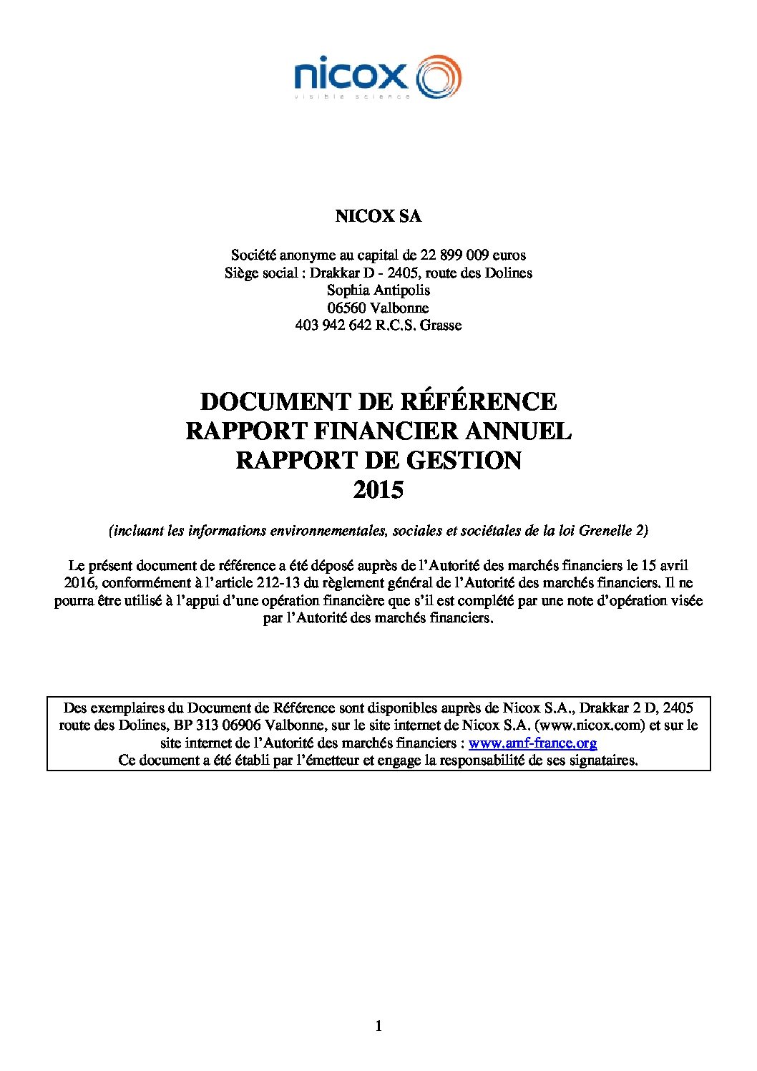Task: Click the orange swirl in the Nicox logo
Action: pos(438,76)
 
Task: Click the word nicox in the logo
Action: pos(350,74)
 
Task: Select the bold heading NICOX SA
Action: pos(378,216)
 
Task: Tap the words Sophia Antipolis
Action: pos(378,290)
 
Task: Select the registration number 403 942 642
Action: pos(333,325)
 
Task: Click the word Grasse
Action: pos(441,325)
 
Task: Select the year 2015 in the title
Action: pos(378,490)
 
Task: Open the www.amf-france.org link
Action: pos(532,743)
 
